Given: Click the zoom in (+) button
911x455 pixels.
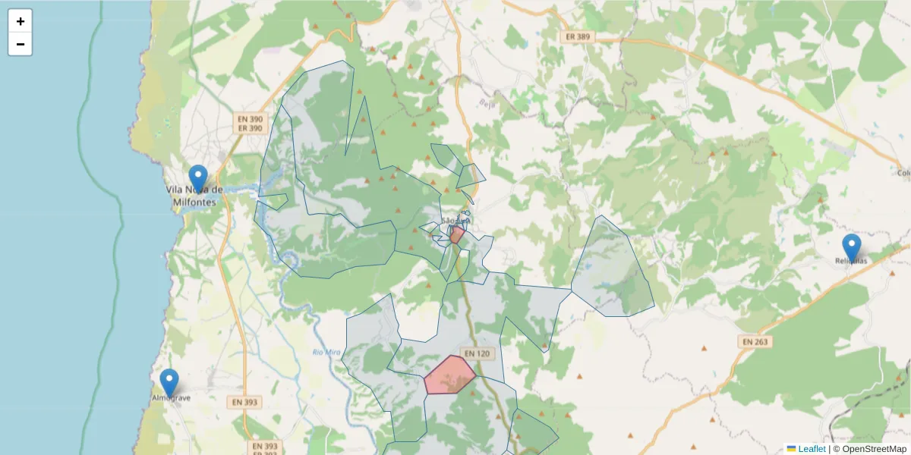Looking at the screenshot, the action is coord(20,21).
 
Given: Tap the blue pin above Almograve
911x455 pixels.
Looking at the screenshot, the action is coord(169,382).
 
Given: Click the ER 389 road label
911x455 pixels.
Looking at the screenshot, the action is coord(578,36).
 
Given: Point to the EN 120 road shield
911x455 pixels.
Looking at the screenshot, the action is coord(478,353).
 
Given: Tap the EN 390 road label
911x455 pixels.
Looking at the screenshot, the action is coord(250,119).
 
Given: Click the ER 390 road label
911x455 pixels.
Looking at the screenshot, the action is coord(250,128).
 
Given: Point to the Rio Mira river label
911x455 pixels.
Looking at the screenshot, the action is coord(327,352).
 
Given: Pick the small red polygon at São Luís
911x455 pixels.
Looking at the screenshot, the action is coord(456,234).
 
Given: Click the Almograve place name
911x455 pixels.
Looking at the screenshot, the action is coord(171,397).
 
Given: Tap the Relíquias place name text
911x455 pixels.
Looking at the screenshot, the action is coord(851,261).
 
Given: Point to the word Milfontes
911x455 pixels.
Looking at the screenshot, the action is coord(195,202).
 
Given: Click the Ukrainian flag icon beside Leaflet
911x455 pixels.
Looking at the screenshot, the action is coord(791,449).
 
